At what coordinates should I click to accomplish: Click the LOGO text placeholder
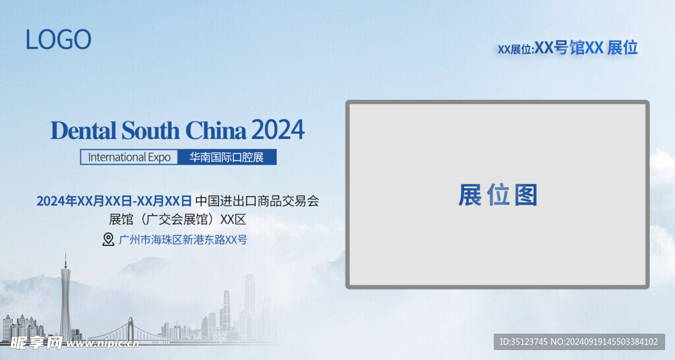point(58,40)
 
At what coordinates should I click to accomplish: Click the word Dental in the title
point(84,131)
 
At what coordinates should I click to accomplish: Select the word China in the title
point(216,131)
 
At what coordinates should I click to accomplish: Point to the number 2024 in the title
point(278,130)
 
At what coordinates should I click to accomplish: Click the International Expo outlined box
point(129,157)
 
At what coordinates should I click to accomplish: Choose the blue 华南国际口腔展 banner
point(227,157)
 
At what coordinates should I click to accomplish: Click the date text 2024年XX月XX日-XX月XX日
point(114,201)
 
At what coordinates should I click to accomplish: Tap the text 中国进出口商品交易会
point(257,201)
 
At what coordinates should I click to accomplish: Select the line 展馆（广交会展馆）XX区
point(177,220)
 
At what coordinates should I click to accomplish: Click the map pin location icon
point(108,239)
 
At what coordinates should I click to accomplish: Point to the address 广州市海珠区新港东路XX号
point(183,240)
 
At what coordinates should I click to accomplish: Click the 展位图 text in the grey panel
point(498,195)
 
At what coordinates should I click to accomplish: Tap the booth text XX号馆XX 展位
point(586,47)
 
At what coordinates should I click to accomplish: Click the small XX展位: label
point(515,49)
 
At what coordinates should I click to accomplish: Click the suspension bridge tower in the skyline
point(131,329)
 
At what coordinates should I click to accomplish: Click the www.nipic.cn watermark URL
point(102,344)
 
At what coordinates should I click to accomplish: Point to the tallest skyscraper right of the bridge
point(250,301)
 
